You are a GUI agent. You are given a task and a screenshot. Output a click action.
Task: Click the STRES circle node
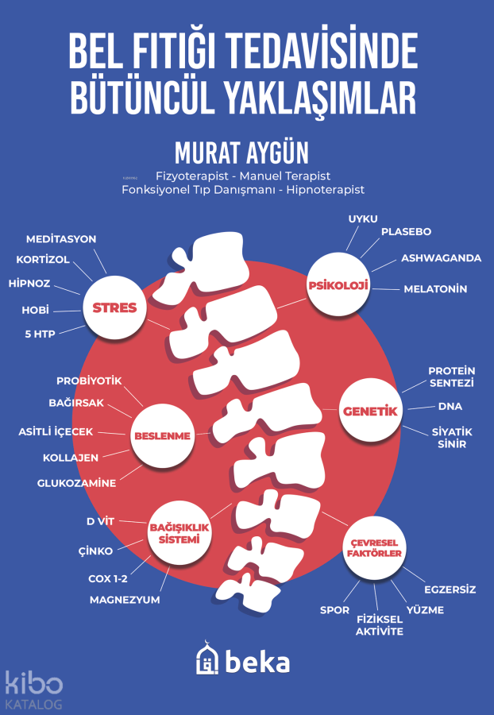pyautogui.click(x=114, y=308)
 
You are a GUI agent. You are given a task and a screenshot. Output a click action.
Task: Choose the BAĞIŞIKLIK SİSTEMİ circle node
pyautogui.click(x=174, y=532)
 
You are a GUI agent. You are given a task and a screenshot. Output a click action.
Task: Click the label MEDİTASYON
pyautogui.click(x=61, y=238)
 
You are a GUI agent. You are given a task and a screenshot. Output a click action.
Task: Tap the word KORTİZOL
pyautogui.click(x=43, y=260)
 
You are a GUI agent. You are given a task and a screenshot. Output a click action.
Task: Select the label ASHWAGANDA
pyautogui.click(x=441, y=258)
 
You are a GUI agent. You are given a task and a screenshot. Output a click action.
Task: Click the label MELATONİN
pyautogui.click(x=435, y=289)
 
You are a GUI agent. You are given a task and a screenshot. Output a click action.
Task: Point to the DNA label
pyautogui.click(x=450, y=407)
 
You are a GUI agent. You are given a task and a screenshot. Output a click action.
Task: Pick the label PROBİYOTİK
pyautogui.click(x=89, y=381)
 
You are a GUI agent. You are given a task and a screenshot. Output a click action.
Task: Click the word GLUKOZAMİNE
pyautogui.click(x=76, y=483)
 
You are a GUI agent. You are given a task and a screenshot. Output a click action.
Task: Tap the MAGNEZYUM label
pyautogui.click(x=125, y=600)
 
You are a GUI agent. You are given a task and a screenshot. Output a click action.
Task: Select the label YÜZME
pyautogui.click(x=425, y=610)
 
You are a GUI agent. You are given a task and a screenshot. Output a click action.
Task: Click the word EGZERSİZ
pyautogui.click(x=450, y=589)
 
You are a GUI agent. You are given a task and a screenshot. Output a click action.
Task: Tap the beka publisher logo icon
pyautogui.click(x=207, y=660)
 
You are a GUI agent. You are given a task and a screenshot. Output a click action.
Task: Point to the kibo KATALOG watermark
pyautogui.click(x=33, y=689)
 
